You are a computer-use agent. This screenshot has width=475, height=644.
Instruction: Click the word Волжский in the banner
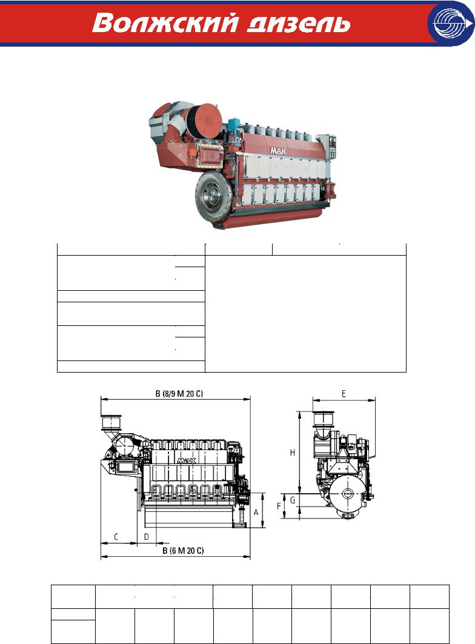coord(165,23)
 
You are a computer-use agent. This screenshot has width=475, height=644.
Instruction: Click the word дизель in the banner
coord(299,24)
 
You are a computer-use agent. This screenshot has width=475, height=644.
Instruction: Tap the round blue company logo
coord(451,24)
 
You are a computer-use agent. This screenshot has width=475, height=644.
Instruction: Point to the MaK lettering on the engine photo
coord(278,151)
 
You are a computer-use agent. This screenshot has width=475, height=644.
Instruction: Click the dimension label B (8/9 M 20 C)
coord(179,393)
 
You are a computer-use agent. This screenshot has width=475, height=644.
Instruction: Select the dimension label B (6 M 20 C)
coord(183,550)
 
